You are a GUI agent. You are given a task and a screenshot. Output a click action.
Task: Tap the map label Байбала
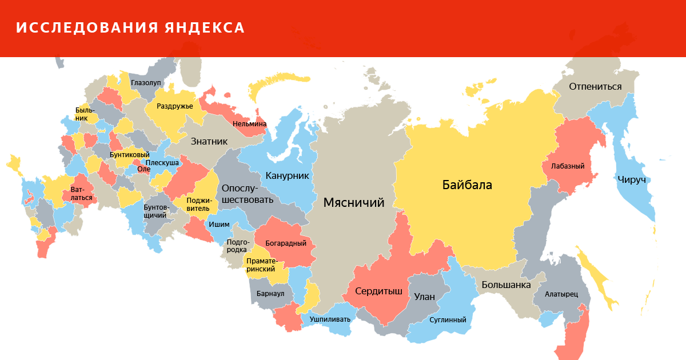(x=466, y=185)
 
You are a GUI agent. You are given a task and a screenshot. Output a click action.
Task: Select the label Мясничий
(x=353, y=202)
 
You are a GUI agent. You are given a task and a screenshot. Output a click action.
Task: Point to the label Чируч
(x=631, y=179)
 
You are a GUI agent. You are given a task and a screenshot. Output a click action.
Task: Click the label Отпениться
(x=595, y=87)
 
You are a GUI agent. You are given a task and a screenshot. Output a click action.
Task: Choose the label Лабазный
(x=568, y=166)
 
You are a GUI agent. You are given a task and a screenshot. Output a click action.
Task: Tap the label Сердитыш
(x=378, y=291)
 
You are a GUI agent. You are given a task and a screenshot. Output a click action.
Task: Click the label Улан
(x=424, y=297)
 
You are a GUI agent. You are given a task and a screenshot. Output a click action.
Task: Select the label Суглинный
(x=448, y=320)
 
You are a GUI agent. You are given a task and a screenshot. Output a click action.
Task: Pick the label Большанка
(x=506, y=285)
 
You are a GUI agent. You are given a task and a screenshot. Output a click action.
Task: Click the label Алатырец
(x=561, y=294)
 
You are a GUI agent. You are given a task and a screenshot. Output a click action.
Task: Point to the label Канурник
(x=287, y=175)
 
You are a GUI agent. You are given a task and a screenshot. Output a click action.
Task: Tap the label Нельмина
(x=249, y=123)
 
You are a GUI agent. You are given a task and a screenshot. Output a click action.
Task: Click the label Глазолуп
(x=146, y=83)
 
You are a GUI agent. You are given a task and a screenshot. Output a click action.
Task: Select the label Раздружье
(x=174, y=106)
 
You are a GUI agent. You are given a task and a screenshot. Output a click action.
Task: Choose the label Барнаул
(x=270, y=293)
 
